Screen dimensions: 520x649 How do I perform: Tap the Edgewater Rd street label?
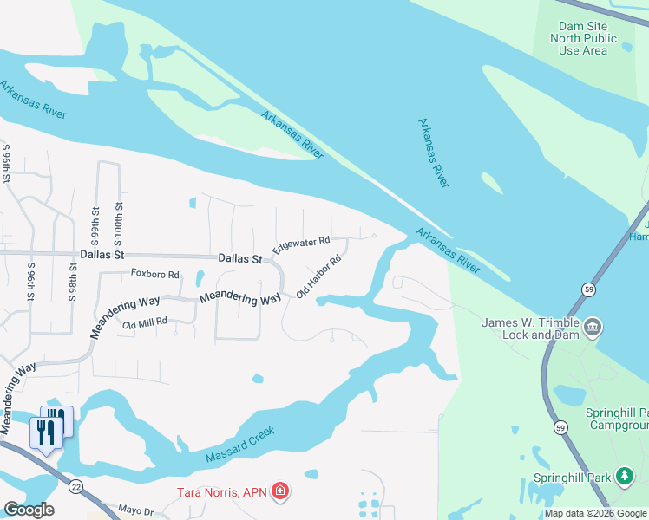[301, 245]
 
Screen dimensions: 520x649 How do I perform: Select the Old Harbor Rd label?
[318, 276]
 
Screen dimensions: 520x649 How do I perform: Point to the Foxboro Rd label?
[154, 275]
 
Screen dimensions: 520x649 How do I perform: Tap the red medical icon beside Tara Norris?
[280, 492]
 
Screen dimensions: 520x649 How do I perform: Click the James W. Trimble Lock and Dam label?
[529, 329]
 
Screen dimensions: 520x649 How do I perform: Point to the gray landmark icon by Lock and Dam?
[593, 327]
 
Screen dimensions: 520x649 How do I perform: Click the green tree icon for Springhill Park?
[624, 475]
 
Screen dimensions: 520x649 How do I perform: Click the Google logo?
[29, 510]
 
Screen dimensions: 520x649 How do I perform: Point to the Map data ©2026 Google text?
[594, 513]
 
